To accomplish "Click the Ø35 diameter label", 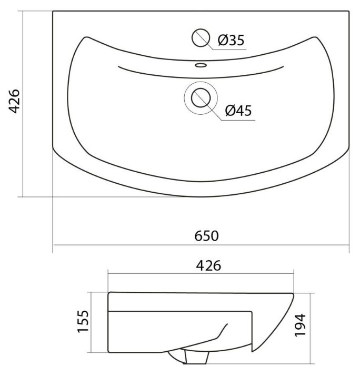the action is coord(231,40).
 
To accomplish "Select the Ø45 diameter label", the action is coord(238,111).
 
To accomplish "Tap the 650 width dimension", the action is coord(206,236).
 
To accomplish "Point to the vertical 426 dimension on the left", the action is coord(14,101).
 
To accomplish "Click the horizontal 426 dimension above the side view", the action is coord(208,266).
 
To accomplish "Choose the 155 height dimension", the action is coord(83,321).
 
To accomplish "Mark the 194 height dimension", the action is coord(300,325).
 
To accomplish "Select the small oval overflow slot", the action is coord(201,65).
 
